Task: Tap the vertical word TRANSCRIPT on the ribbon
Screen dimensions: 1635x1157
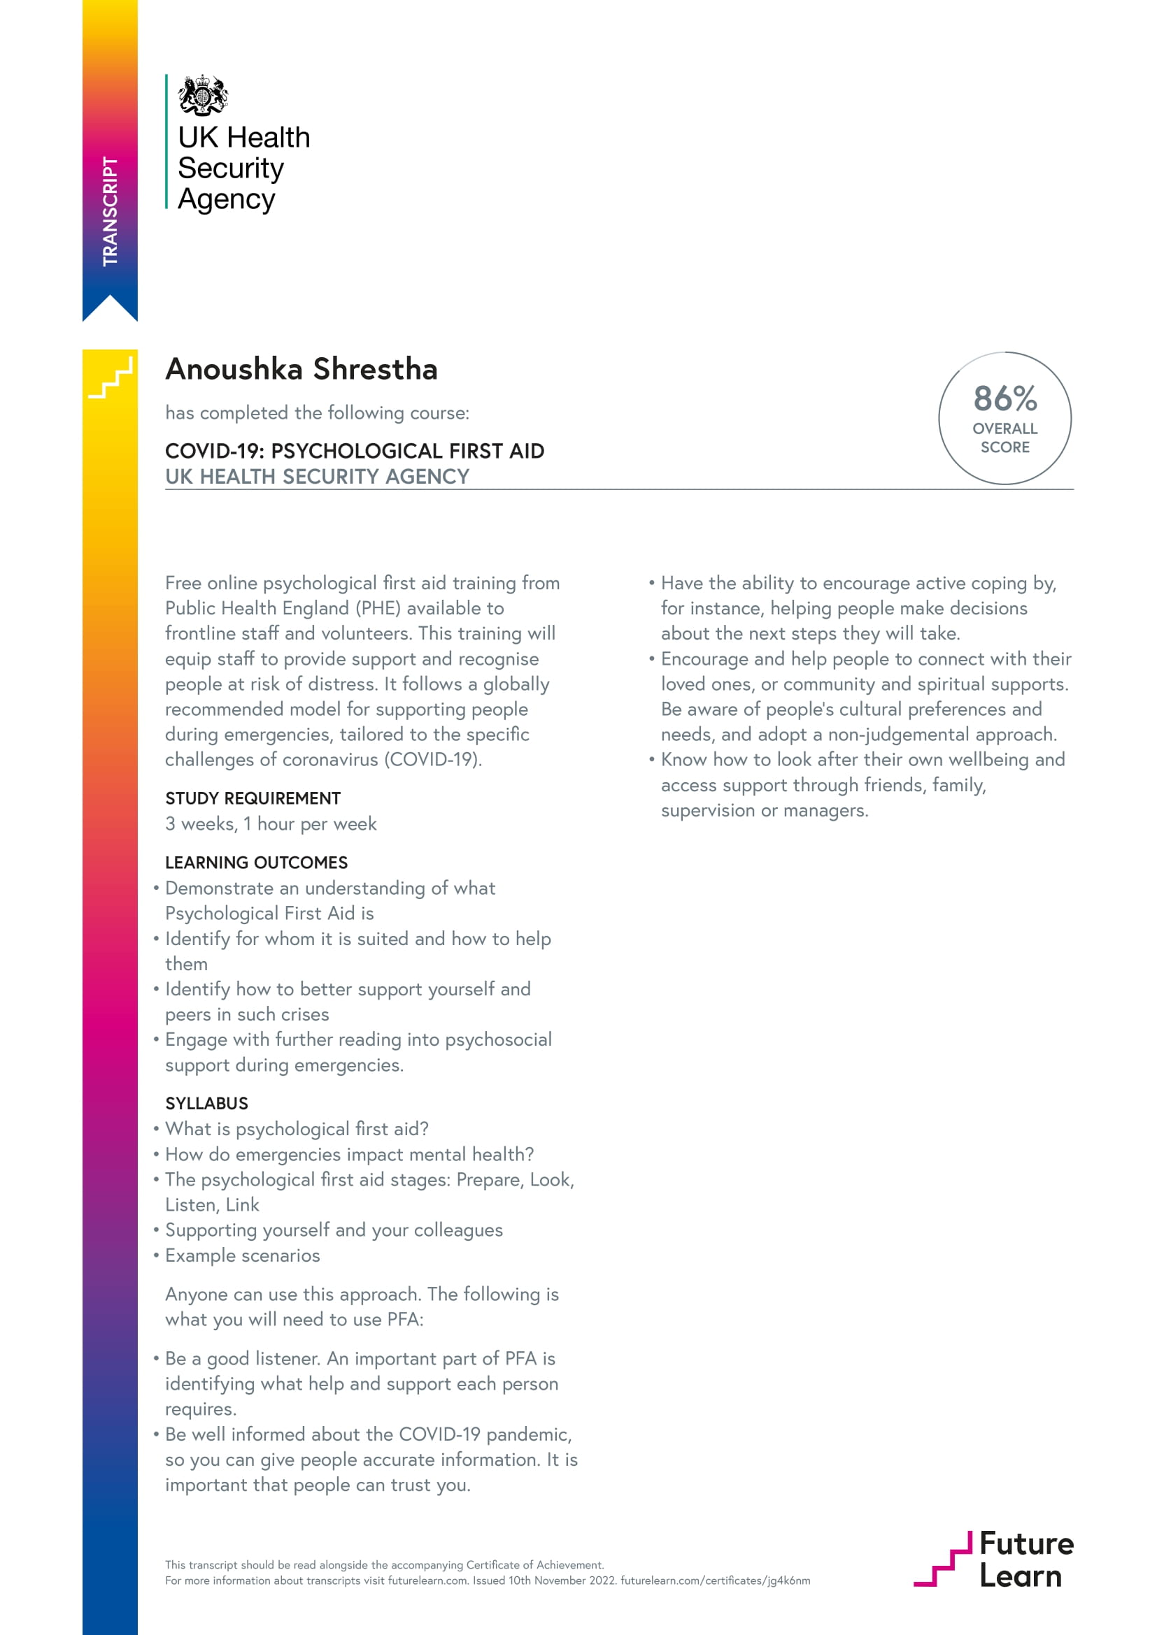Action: coord(110,212)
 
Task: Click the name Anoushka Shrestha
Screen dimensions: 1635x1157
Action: coord(301,369)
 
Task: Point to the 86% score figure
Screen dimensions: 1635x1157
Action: coord(1005,398)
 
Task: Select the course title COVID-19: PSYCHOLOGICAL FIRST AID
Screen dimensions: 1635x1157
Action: coord(355,451)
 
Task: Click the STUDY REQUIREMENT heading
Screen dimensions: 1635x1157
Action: coord(253,798)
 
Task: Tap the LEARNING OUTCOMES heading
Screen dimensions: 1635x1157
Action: coord(257,863)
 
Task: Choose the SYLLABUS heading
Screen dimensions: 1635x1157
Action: coord(206,1103)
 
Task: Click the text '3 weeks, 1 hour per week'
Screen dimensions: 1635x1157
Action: coord(271,824)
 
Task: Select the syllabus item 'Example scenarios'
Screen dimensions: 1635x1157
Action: coord(242,1255)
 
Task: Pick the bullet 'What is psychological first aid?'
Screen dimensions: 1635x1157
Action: coord(297,1129)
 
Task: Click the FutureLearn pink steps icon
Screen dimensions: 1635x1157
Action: coord(942,1559)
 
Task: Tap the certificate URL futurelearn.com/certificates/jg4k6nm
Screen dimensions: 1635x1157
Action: coord(716,1580)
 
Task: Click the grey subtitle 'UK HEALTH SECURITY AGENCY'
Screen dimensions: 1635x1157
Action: coord(317,477)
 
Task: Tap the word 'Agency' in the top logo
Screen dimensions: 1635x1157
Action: coord(226,199)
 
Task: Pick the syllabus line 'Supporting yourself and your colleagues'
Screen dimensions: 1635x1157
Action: coord(334,1230)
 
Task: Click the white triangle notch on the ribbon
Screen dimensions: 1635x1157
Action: coord(110,308)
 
